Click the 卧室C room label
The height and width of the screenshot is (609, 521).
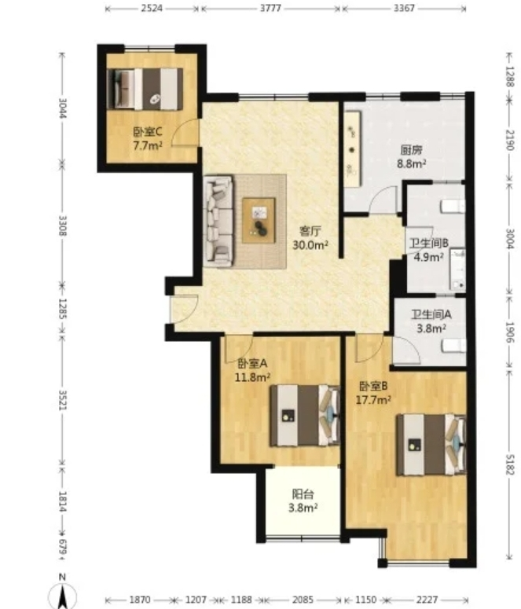point(148,132)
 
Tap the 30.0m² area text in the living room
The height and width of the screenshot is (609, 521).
point(310,245)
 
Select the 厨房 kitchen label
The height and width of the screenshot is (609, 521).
point(412,150)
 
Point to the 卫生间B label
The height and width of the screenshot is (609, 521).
point(429,244)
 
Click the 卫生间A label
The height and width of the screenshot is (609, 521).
point(431,314)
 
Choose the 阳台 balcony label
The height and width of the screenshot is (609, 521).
point(303,494)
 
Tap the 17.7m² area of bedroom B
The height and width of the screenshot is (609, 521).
point(373,400)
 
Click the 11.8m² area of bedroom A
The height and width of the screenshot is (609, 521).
point(252,376)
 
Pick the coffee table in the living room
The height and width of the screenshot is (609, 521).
point(259,220)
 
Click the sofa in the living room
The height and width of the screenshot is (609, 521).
point(218,222)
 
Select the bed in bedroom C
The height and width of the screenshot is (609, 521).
point(145,89)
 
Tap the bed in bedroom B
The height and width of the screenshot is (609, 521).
point(431,445)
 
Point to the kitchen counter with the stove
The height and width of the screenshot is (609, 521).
point(352,149)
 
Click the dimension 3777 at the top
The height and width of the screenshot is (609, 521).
point(270,8)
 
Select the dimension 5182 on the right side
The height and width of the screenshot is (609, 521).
point(510,464)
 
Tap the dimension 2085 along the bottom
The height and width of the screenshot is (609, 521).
point(303,600)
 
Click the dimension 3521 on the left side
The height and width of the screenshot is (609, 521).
point(63,399)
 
